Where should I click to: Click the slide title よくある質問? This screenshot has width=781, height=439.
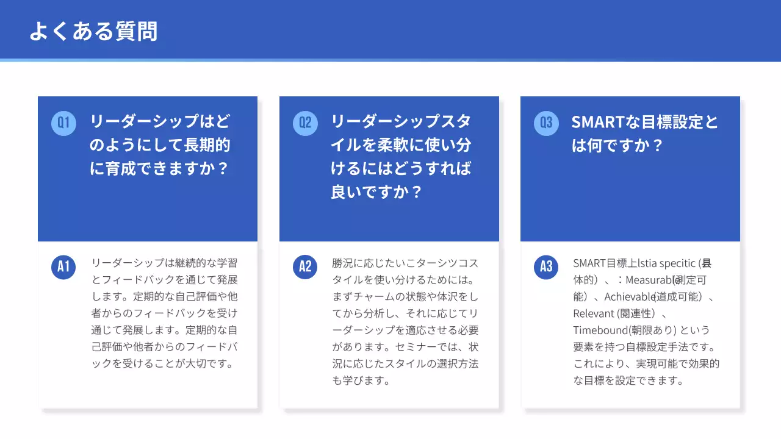tap(93, 31)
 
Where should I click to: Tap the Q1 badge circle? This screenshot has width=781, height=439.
tap(63, 123)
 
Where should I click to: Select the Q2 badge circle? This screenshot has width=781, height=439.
tap(305, 123)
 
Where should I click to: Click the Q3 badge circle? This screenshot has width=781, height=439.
tap(546, 123)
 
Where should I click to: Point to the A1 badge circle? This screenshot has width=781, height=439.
tap(63, 266)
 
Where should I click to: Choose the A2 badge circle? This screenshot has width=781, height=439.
tap(305, 266)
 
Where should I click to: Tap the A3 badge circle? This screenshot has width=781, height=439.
tap(546, 266)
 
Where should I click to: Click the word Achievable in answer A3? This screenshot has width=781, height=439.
tap(629, 298)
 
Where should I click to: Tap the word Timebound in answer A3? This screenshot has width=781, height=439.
tap(600, 330)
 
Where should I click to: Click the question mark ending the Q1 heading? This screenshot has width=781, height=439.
tap(222, 168)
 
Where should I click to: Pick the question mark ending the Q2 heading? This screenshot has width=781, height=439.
tap(416, 192)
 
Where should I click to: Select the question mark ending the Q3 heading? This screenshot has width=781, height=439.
tap(657, 146)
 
